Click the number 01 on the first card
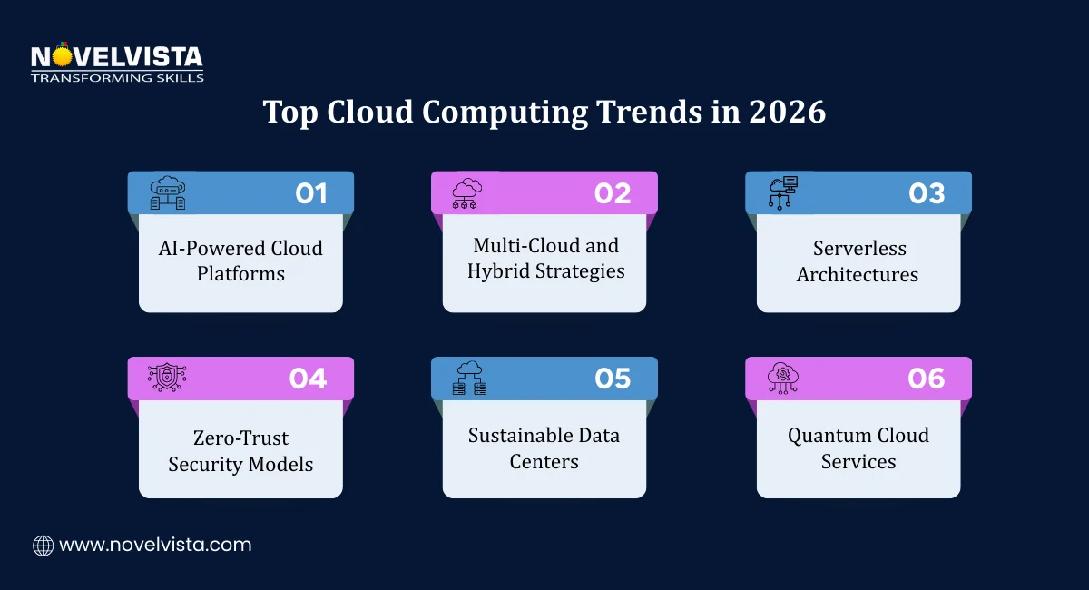pos(311,193)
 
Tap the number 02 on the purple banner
pos(613,193)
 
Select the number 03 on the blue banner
pos(927,193)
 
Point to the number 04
pos(309,379)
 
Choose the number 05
pos(613,379)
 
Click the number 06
pos(927,379)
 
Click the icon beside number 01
pos(167,192)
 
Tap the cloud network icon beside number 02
pos(467,192)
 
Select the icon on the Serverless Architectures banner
pos(782,192)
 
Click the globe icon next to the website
pos(43,546)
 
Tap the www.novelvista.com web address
pos(155,546)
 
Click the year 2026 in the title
pos(787,113)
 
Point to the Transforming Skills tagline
pos(117,78)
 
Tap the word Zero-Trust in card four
pos(240,438)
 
